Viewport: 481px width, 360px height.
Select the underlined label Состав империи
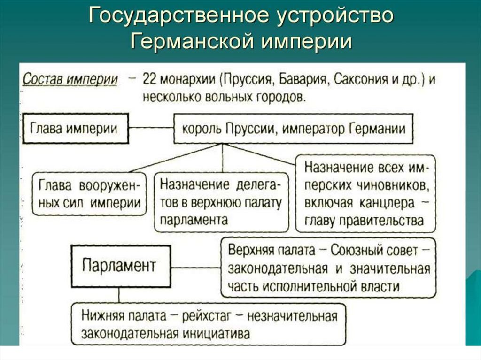[x=70, y=79]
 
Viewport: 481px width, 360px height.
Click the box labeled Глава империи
[x=74, y=128]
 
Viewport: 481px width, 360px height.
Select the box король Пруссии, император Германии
[x=293, y=128]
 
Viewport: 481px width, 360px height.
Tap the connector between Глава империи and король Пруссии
[x=151, y=128]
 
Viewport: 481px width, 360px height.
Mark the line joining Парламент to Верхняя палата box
[x=195, y=268]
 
